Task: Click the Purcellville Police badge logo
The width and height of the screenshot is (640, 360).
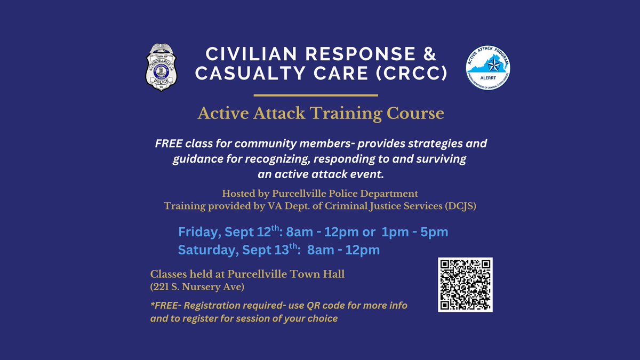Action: click(164, 67)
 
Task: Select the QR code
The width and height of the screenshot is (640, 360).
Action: click(465, 285)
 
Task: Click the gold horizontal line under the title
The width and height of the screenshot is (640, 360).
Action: click(315, 95)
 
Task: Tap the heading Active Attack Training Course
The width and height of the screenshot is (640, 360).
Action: click(321, 113)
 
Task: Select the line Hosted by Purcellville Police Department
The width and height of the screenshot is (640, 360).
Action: click(319, 193)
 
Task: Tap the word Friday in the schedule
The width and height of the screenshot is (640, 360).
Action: click(197, 233)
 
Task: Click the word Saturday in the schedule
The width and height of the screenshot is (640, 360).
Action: click(205, 250)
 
